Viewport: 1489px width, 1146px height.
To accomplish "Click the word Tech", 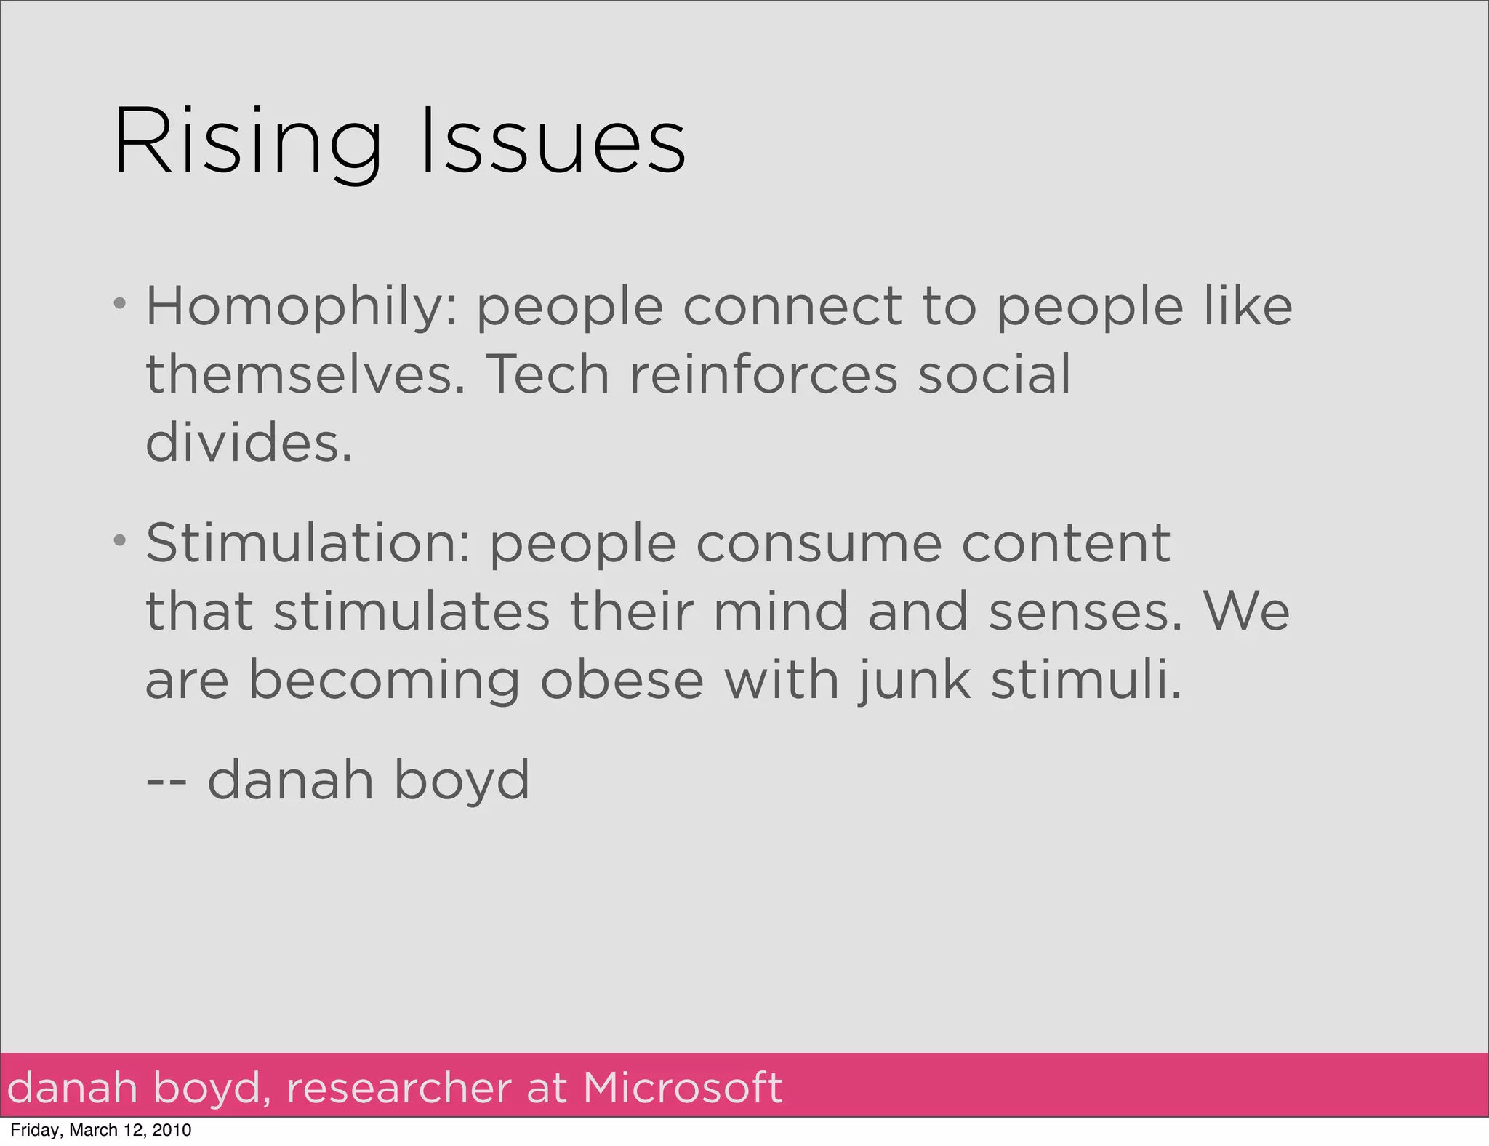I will coord(547,375).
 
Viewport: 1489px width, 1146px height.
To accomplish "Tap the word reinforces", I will coord(763,375).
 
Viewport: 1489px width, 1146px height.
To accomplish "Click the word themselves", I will coord(305,375).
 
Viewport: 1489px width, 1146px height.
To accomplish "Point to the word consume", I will coord(819,544).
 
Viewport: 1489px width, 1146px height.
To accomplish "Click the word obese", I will coord(622,681).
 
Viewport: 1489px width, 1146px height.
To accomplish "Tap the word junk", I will coord(914,682).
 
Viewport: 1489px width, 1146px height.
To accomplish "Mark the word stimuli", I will coord(1086,681).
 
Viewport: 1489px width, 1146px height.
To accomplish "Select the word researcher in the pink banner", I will coord(399,1089).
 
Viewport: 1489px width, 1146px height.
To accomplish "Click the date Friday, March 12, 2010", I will coord(101,1130).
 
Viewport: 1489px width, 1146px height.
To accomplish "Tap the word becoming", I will coord(385,682).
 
